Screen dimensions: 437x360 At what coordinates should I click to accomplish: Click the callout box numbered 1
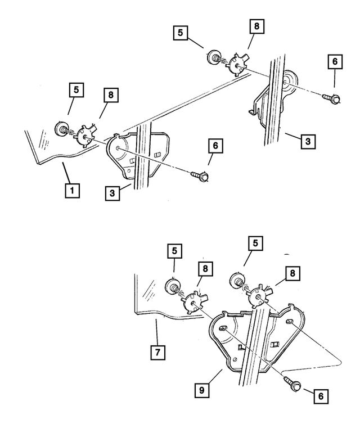(x=71, y=190)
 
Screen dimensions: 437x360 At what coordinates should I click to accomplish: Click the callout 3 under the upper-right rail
(x=307, y=141)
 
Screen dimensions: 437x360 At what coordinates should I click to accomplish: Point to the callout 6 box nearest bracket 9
(x=319, y=396)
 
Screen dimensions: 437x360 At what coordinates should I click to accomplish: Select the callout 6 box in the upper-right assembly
(x=335, y=62)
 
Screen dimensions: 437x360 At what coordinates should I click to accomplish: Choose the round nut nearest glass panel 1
(x=61, y=129)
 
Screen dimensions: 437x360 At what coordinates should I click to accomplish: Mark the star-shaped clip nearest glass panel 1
(x=85, y=136)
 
